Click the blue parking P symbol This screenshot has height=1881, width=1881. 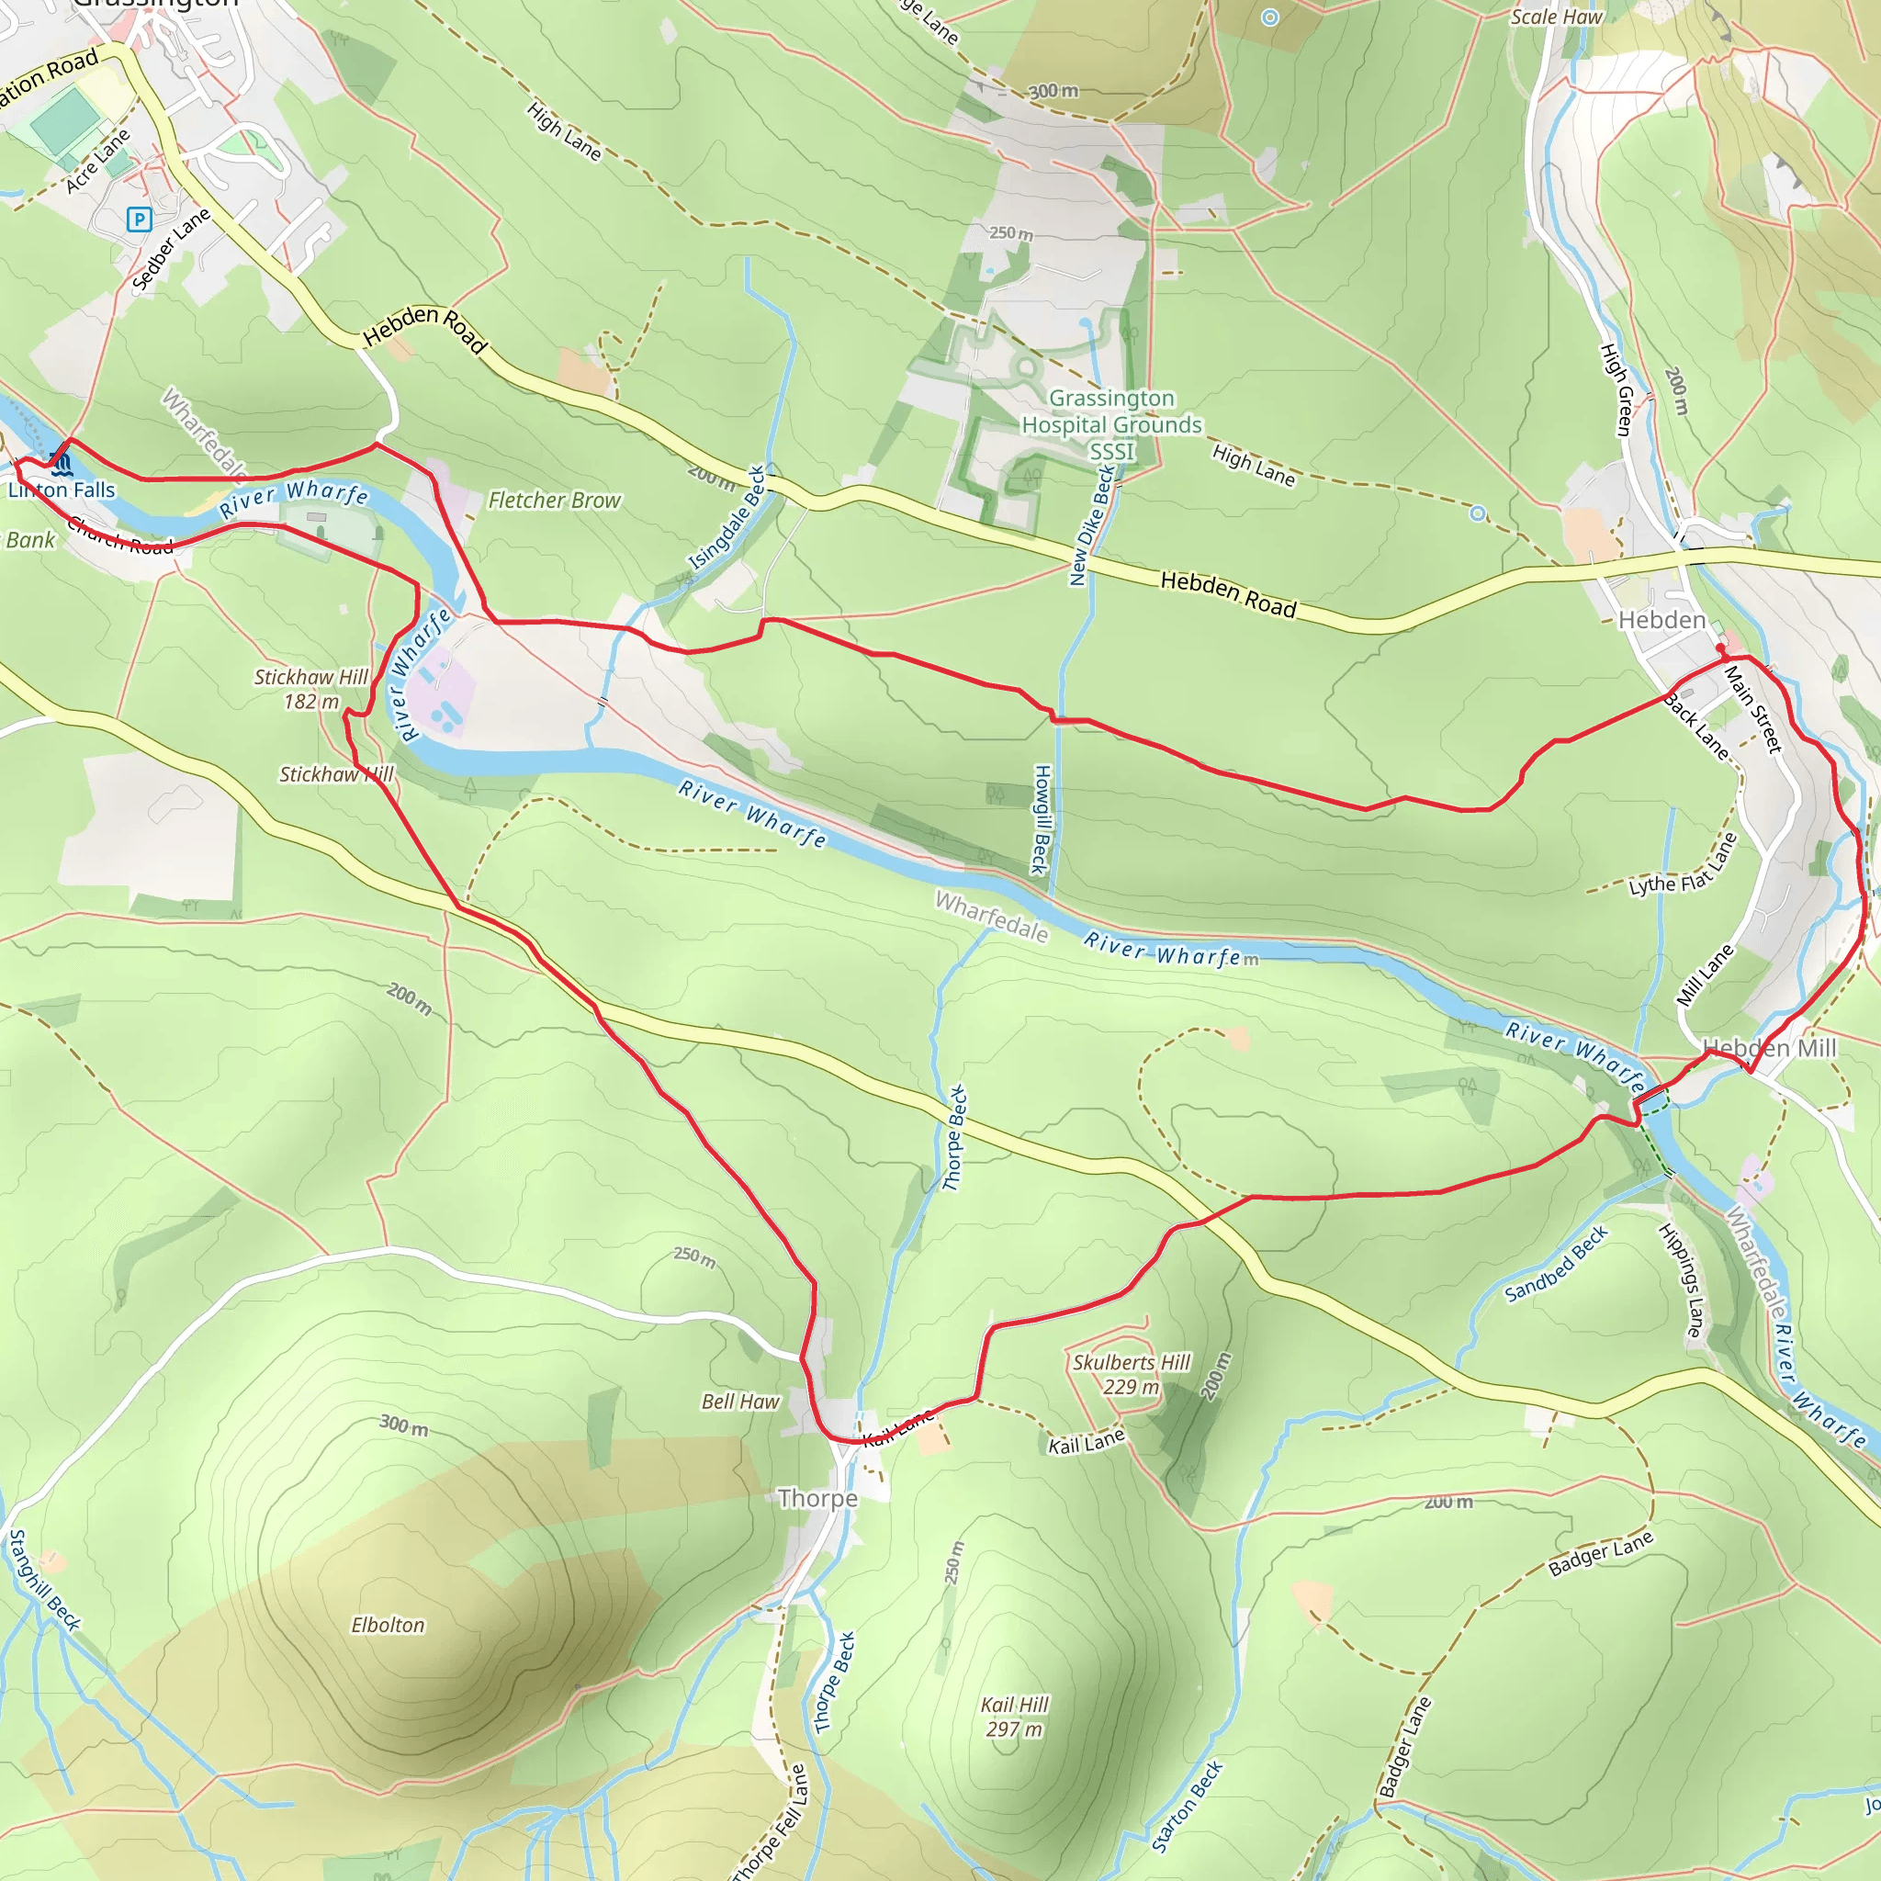(x=140, y=220)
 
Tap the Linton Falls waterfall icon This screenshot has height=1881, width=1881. (x=61, y=458)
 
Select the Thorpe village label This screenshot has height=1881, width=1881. (x=817, y=1498)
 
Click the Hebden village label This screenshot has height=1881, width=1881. (x=1661, y=620)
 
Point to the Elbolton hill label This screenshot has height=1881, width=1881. (x=388, y=1625)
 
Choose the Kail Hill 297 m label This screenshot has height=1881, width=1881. (x=1014, y=1717)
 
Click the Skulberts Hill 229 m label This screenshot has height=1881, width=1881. (x=1132, y=1374)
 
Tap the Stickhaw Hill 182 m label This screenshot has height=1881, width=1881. (x=310, y=688)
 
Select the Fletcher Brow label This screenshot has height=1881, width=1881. (x=554, y=501)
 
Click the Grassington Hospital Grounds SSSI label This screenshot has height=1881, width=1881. (x=1111, y=424)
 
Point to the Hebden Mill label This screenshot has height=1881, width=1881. (x=1769, y=1048)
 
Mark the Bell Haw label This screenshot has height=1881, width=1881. (x=740, y=1401)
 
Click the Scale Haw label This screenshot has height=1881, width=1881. (x=1556, y=17)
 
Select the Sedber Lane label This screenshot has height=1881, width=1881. (x=171, y=249)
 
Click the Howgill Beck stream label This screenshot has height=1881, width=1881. (x=1041, y=818)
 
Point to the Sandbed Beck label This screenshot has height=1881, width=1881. (x=1555, y=1265)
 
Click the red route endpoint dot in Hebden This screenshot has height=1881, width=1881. (x=1720, y=648)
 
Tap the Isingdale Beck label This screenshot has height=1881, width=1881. (x=727, y=518)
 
